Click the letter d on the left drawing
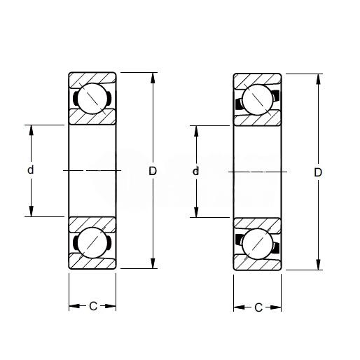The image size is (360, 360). [31, 169]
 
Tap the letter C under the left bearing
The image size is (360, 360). [93, 306]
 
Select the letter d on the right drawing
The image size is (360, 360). [195, 171]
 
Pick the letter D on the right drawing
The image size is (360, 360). [318, 172]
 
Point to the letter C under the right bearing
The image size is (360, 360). [258, 307]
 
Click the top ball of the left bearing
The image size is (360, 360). [92, 99]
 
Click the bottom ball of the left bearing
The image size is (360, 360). [92, 243]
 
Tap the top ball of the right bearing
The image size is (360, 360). [257, 100]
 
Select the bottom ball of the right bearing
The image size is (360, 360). [257, 244]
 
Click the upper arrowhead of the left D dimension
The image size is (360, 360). [153, 78]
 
